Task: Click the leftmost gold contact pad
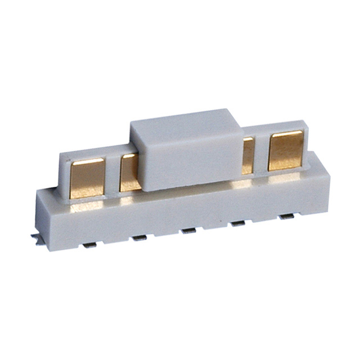tap(87, 178)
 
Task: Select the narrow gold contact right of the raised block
tap(247, 155)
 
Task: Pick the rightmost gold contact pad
tap(285, 150)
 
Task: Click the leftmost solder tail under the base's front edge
tap(89, 245)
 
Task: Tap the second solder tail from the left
tap(139, 238)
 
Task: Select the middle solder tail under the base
tap(188, 231)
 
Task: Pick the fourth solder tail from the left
tap(238, 224)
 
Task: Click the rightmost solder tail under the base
tap(287, 217)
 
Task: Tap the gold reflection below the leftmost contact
tap(87, 206)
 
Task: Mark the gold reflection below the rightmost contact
tap(285, 177)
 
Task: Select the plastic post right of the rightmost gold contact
tap(309, 148)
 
